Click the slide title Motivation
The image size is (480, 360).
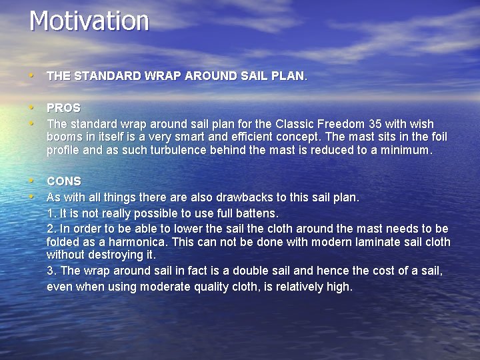(89, 21)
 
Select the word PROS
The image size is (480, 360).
(63, 108)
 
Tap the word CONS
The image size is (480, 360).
(63, 181)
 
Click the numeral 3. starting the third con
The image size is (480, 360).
(51, 271)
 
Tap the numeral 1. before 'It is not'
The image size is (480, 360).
(51, 213)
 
